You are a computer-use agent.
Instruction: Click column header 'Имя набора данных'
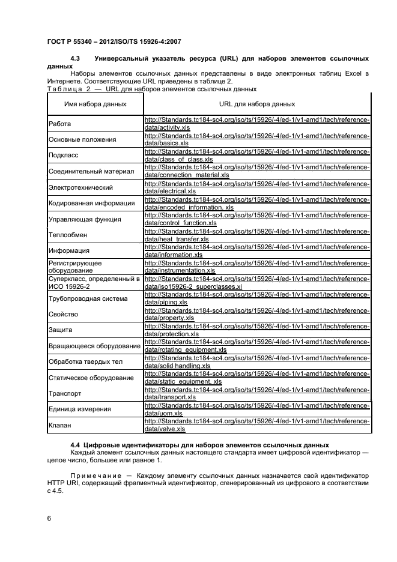click(95, 104)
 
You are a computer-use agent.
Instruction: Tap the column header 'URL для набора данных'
click(257, 104)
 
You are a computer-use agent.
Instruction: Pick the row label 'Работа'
click(59, 124)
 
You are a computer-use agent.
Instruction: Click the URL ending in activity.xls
click(257, 124)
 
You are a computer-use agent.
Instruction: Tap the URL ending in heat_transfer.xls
click(257, 235)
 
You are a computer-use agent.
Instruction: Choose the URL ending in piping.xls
click(257, 298)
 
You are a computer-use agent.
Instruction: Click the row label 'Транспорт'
click(65, 393)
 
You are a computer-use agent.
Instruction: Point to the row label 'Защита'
click(61, 330)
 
